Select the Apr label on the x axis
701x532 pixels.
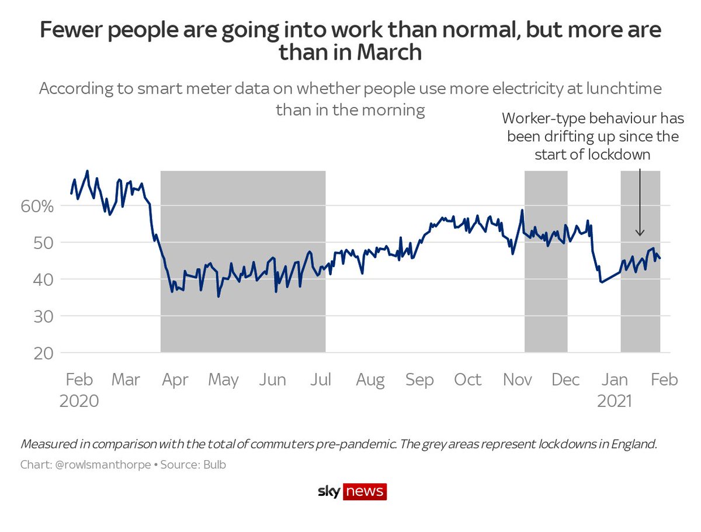click(175, 380)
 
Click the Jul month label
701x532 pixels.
click(321, 380)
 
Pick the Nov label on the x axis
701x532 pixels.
click(517, 380)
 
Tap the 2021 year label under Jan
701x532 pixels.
click(615, 401)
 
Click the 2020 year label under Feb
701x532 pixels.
click(79, 401)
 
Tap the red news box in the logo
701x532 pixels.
click(365, 492)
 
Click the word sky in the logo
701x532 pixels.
click(329, 492)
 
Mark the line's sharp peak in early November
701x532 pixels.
click(522, 210)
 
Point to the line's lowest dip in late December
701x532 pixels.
click(601, 282)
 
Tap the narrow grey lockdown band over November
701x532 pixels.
click(546, 263)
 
